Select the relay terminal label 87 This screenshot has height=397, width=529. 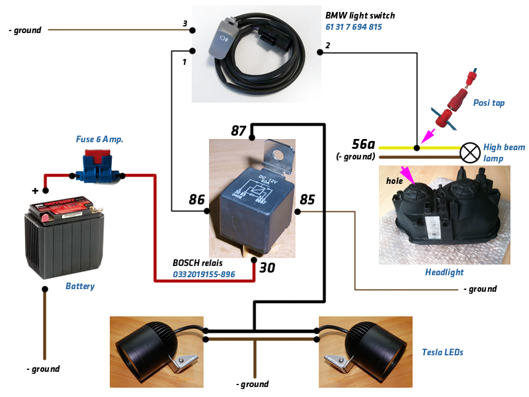coord(239,130)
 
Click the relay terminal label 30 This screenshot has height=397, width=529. coord(266,269)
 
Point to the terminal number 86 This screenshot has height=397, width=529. coord(196,199)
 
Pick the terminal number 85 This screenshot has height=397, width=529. coord(307,199)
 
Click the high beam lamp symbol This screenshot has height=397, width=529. coord(469,153)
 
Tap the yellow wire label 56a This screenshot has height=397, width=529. coord(364,144)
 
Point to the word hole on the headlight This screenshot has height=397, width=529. coord(394,180)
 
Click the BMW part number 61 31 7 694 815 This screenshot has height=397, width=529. coord(354,27)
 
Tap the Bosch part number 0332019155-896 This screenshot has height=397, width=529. coord(204,274)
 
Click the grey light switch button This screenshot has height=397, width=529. coord(222,42)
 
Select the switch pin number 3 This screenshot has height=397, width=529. coord(185,24)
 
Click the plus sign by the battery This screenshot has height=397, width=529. coord(34,191)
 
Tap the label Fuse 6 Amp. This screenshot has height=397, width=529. coord(99,140)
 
